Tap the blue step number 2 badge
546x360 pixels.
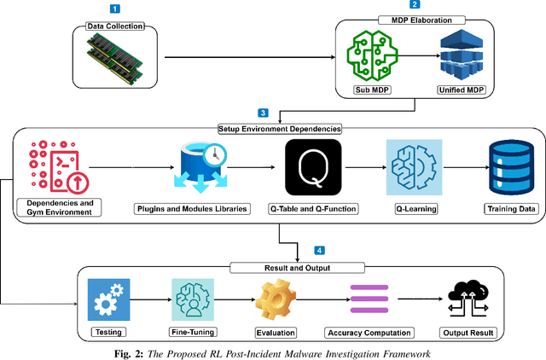[415, 5]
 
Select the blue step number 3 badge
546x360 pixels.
[264, 113]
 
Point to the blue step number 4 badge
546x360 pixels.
[320, 251]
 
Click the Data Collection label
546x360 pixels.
[114, 26]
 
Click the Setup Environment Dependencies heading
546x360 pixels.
[276, 129]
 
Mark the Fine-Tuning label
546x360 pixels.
[193, 332]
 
